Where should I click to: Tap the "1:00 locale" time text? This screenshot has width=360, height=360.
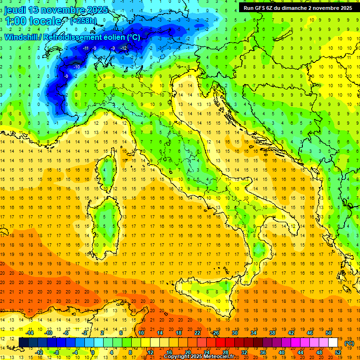point(33,21)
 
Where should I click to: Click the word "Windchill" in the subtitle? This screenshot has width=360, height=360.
point(23,37)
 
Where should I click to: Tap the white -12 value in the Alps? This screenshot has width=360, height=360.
point(124,48)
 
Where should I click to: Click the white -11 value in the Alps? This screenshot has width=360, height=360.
point(85,48)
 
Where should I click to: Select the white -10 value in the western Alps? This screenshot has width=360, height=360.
point(76,67)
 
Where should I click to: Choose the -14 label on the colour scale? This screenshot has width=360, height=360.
point(30,333)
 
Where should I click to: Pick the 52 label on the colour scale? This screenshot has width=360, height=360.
point(338,352)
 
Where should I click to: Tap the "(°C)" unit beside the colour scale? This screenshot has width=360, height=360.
point(349,343)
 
